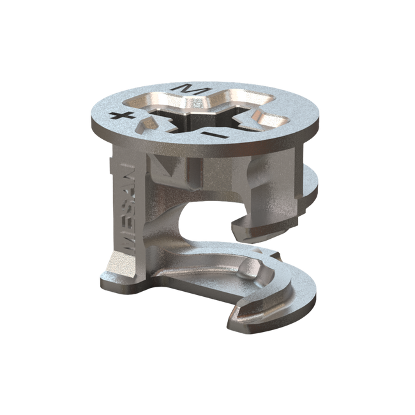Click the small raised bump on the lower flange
click(245, 272)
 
